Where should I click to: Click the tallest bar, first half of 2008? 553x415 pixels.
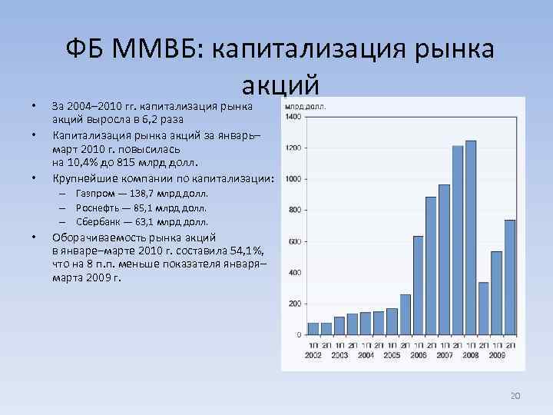click(x=471, y=238)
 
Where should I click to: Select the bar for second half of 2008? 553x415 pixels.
click(x=483, y=308)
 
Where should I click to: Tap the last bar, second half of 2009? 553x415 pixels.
click(x=510, y=277)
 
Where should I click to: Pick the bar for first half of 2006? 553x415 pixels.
click(x=418, y=285)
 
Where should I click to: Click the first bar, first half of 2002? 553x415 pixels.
click(x=313, y=328)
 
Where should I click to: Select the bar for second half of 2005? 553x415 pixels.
click(x=405, y=314)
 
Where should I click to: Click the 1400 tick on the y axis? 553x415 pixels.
click(x=293, y=116)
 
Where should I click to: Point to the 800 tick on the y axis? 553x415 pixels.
click(x=294, y=210)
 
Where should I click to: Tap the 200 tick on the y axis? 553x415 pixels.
click(x=294, y=304)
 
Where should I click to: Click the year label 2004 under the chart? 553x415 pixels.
click(x=366, y=355)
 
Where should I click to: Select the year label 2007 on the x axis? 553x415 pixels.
click(x=445, y=355)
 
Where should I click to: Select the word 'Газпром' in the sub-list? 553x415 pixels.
click(x=94, y=195)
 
